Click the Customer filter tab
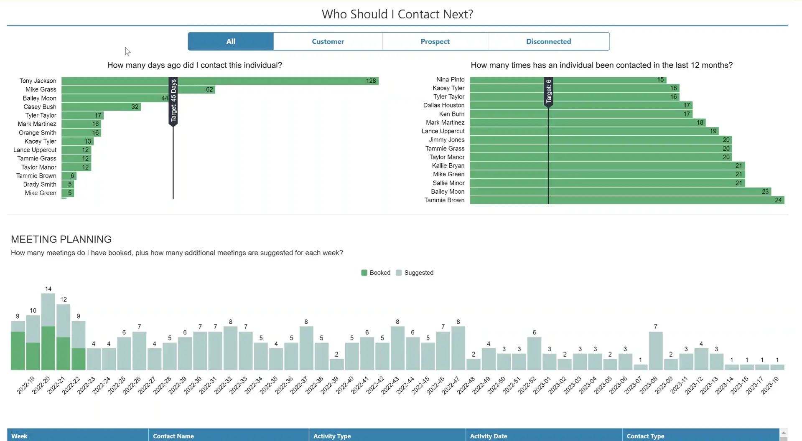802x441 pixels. (x=328, y=41)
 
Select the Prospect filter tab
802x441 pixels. (x=435, y=41)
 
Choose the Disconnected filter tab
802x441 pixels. (x=548, y=41)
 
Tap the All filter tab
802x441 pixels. (x=231, y=41)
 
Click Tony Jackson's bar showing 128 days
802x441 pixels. (x=220, y=81)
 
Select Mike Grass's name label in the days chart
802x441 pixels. (x=41, y=89)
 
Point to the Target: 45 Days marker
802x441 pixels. (x=173, y=100)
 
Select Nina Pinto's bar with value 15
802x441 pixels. (x=568, y=79)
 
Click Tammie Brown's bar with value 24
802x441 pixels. (x=627, y=200)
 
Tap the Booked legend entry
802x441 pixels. (x=376, y=273)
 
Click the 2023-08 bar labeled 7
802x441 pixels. (x=655, y=351)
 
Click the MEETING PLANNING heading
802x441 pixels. (x=61, y=239)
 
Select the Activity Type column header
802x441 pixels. (x=332, y=436)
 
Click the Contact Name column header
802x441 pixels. (x=173, y=436)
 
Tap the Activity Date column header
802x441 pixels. (x=489, y=436)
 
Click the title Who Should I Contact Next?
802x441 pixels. (x=397, y=14)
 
